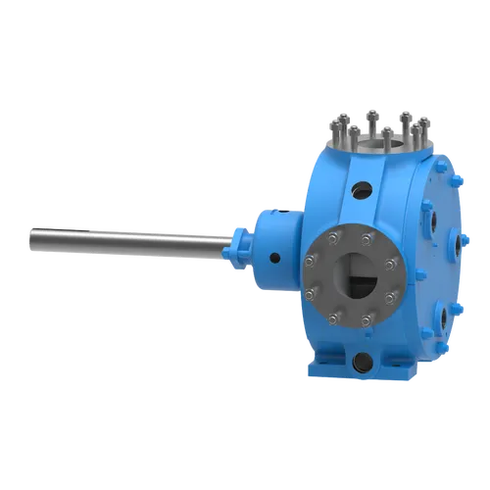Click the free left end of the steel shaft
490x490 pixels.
[31, 236]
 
